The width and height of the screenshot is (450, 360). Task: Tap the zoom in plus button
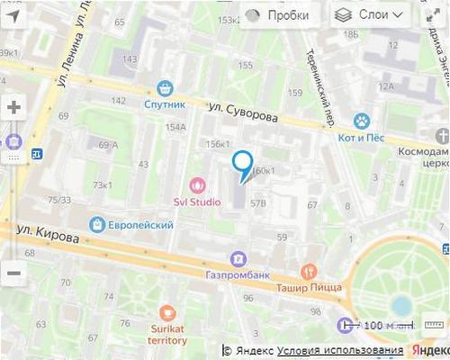coord(13,106)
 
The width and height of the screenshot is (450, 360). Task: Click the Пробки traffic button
coord(276,14)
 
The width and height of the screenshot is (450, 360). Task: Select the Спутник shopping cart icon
coord(164,87)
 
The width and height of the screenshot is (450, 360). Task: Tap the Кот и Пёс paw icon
coord(362,119)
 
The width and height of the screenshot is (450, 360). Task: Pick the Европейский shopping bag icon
coord(96,224)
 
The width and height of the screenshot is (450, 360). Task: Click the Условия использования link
coord(340,350)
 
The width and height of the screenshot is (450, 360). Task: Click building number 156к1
coord(218,144)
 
